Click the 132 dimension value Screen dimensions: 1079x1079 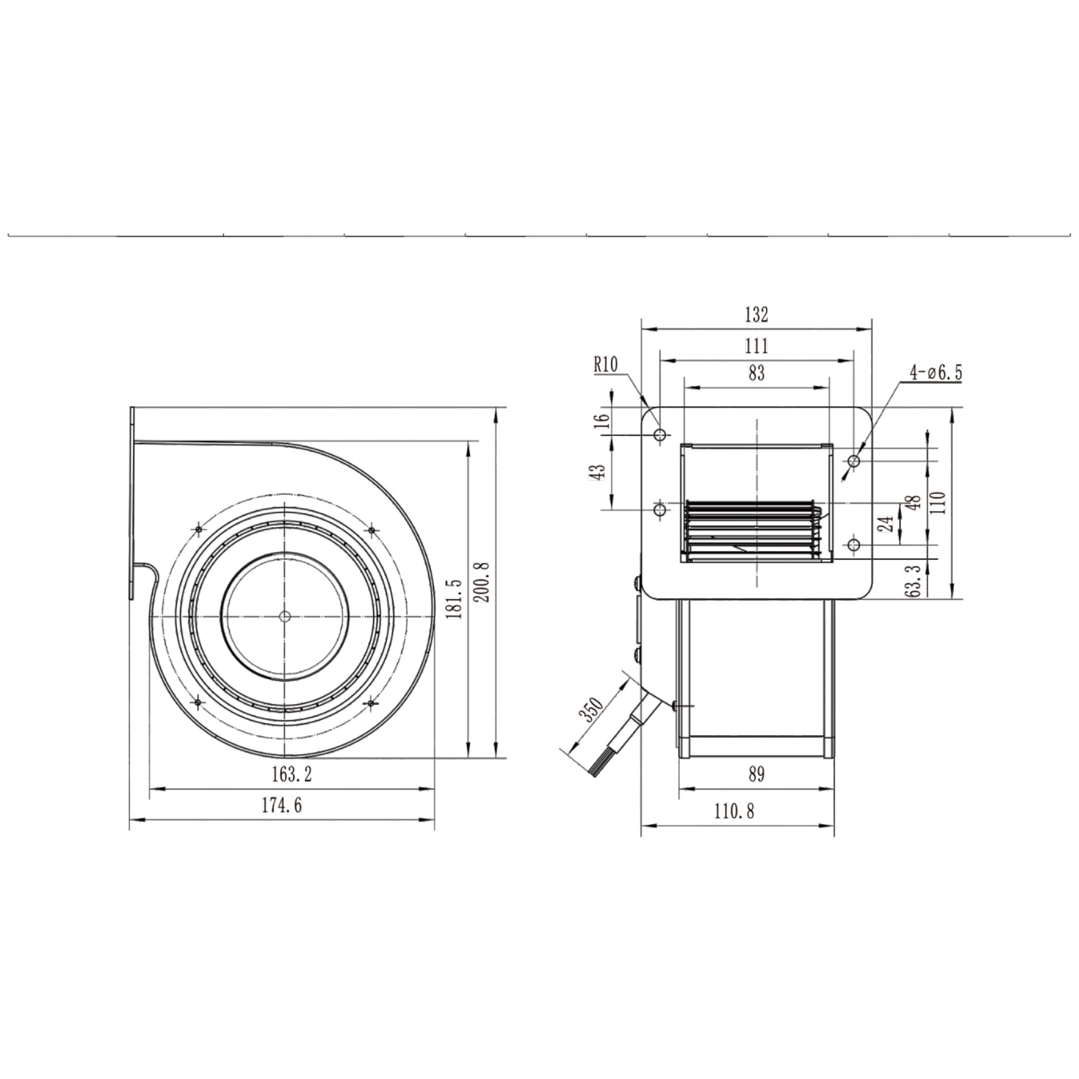tap(756, 315)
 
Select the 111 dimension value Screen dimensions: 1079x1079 tap(756, 346)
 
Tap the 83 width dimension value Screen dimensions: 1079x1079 tap(756, 373)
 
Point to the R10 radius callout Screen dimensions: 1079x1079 tap(606, 366)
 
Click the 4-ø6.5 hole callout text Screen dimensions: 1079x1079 tap(936, 373)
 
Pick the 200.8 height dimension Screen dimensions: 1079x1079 tap(484, 582)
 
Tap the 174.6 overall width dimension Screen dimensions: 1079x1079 tap(282, 805)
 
